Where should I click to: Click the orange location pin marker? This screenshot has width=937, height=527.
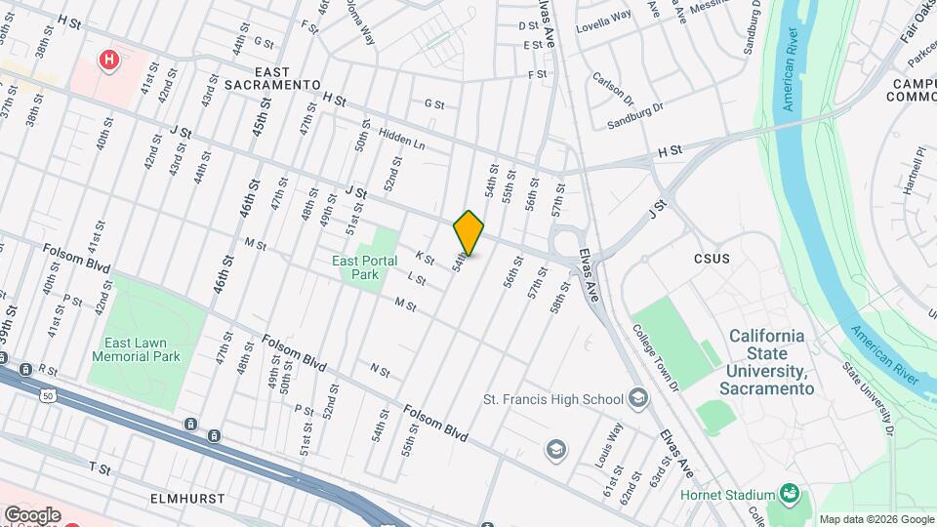pos(468,233)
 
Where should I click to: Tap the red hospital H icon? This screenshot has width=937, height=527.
pos(109,61)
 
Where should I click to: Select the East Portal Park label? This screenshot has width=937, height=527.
pos(364,267)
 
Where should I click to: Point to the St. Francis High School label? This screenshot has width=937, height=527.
pos(553,398)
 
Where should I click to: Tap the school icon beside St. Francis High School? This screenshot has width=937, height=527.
pos(637,397)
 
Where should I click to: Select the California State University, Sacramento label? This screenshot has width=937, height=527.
pos(767,362)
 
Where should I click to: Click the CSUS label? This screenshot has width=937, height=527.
pos(712,259)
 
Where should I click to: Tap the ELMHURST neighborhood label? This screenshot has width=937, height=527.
pos(188,499)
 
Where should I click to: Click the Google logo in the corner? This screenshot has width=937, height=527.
pos(32,514)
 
